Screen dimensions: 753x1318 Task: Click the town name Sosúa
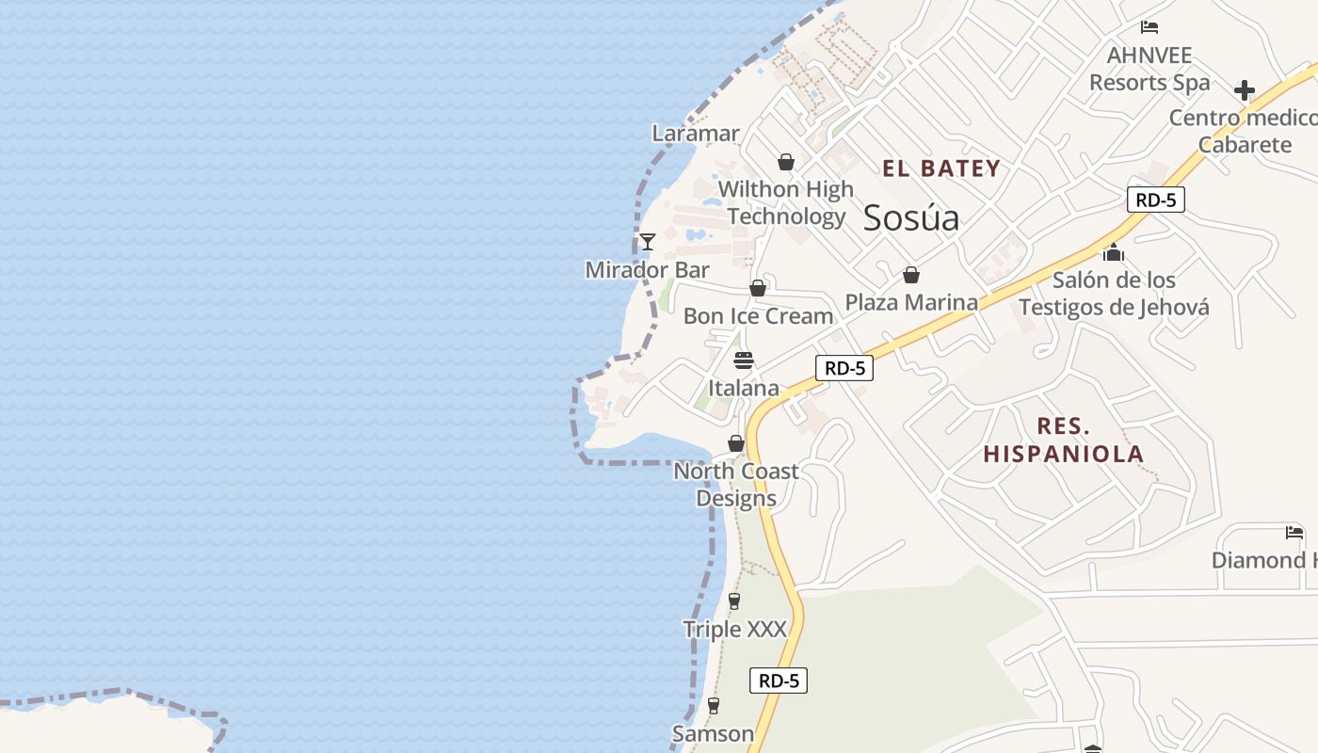click(x=911, y=217)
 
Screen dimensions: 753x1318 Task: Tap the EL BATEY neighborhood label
click(x=940, y=169)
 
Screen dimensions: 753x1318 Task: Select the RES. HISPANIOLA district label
click(x=1064, y=440)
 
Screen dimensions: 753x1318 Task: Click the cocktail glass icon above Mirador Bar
click(x=648, y=242)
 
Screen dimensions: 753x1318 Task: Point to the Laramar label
click(x=696, y=134)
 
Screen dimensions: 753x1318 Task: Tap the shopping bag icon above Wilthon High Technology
click(x=786, y=162)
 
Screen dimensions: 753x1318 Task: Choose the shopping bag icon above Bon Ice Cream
click(x=758, y=288)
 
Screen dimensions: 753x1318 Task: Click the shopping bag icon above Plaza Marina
click(x=910, y=275)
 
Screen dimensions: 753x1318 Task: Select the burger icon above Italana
click(x=744, y=360)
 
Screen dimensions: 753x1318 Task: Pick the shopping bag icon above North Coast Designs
click(x=736, y=443)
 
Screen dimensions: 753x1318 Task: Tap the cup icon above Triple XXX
click(x=734, y=601)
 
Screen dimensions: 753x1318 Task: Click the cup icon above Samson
click(x=713, y=705)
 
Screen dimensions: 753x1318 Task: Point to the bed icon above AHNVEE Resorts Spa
click(x=1149, y=27)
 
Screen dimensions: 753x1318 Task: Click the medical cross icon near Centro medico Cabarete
click(x=1245, y=90)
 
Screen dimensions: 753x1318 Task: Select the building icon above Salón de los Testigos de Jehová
click(x=1114, y=252)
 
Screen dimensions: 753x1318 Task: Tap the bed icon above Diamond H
click(x=1294, y=533)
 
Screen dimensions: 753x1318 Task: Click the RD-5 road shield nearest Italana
click(x=844, y=368)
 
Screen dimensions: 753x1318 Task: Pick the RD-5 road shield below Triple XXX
click(x=779, y=681)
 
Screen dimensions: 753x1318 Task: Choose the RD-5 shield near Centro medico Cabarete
click(x=1155, y=200)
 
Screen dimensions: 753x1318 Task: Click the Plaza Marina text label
click(x=911, y=302)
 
